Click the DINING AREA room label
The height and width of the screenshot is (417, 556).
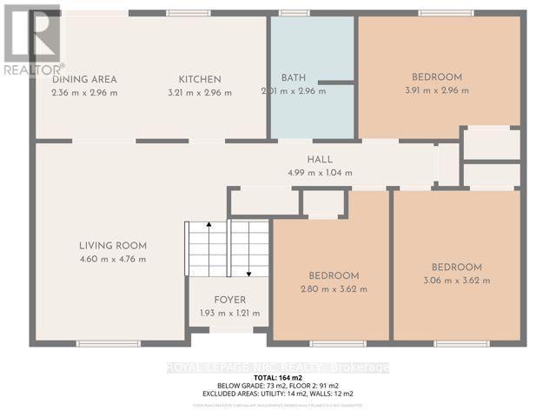[x=84, y=79]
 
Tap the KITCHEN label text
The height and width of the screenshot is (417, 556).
[x=200, y=79]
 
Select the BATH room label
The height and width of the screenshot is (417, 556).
[x=294, y=77]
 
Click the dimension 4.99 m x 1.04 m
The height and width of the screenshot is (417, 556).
[x=320, y=172]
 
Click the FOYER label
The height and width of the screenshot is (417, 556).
[x=229, y=300]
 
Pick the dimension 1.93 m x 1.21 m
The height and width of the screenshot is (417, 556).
[x=229, y=313]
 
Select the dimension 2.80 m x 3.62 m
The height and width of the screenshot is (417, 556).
[x=333, y=289]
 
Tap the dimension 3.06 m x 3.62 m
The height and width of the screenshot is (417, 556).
[x=456, y=280]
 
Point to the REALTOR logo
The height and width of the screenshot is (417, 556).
[x=32, y=39]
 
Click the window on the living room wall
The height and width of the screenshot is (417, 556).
[x=108, y=343]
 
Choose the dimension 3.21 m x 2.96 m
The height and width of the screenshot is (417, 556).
[x=200, y=92]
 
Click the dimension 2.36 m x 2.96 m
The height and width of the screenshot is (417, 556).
[x=84, y=92]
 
